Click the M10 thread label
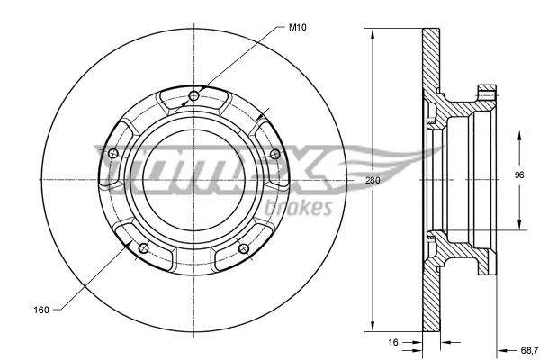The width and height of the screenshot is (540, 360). coord(299,28)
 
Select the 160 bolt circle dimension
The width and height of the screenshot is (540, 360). coord(40,310)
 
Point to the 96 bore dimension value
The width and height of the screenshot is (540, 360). coord(518,175)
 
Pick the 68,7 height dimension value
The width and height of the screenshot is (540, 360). coord(528,349)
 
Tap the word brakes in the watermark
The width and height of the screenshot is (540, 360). coord(300,208)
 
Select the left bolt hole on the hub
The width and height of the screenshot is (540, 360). coord(112,155)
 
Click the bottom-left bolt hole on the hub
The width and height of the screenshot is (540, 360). coord(143,248)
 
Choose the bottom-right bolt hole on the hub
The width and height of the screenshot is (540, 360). coord(243,248)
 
